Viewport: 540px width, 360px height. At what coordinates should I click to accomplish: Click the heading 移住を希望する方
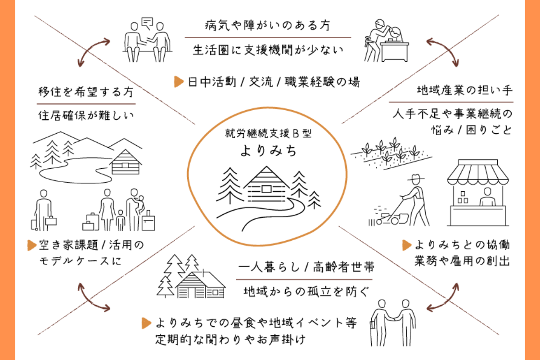85,92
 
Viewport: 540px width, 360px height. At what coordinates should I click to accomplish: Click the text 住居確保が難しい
85,115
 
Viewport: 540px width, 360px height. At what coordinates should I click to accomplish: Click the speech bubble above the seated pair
147,21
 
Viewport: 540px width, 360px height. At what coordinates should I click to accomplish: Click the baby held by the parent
140,202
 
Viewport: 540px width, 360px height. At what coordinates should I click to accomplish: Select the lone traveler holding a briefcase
44,209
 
